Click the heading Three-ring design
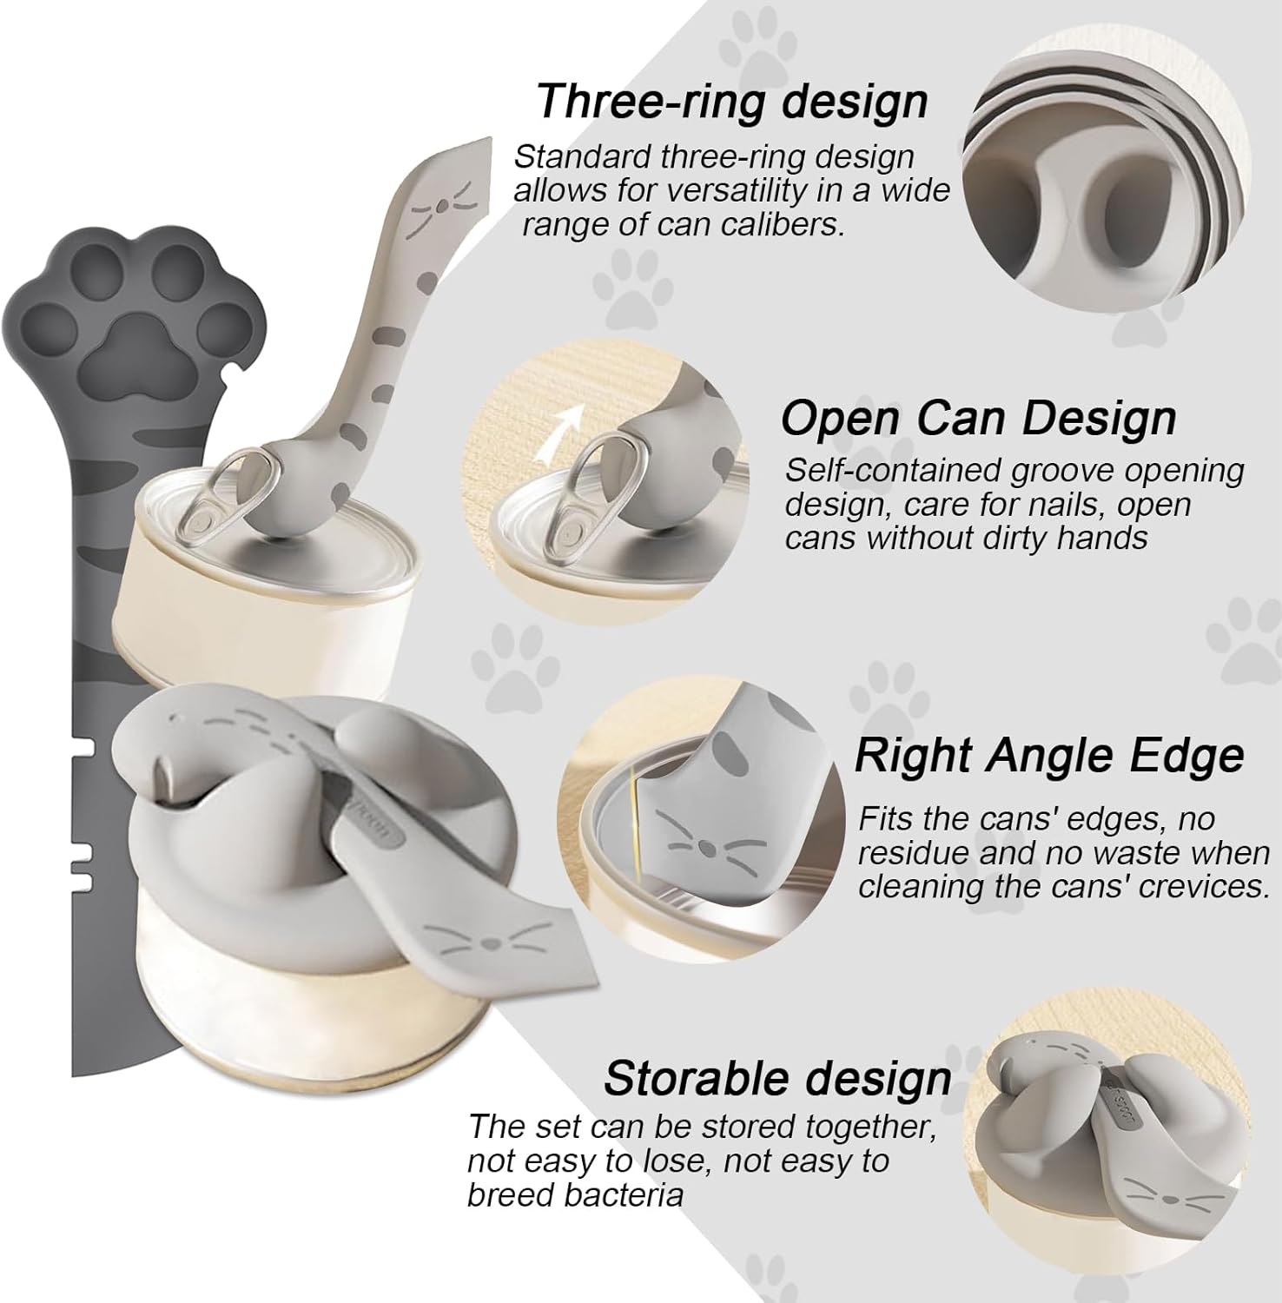click(732, 101)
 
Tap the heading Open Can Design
click(978, 419)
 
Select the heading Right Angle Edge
click(1049, 755)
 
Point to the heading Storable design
click(777, 1078)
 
